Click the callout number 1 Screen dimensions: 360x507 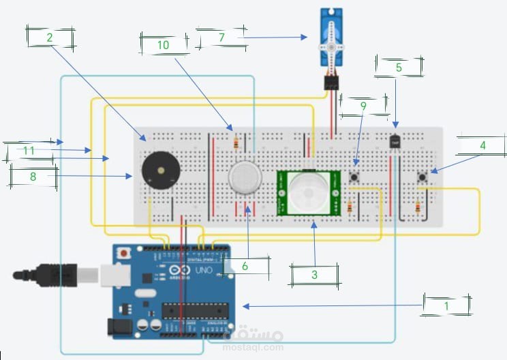pos(446,306)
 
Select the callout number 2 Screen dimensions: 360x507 pos(50,38)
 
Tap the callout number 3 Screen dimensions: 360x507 pos(314,275)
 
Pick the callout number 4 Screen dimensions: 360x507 pos(482,145)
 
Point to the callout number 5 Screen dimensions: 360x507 pos(399,67)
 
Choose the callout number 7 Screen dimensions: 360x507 pos(221,37)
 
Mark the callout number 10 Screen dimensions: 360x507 pos(163,44)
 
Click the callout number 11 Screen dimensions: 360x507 pos(29,149)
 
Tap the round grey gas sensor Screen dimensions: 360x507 pos(245,177)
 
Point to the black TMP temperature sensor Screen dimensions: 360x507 pos(395,141)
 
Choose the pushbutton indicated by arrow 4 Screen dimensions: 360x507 pos(422,178)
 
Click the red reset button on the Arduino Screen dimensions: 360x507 pos(123,254)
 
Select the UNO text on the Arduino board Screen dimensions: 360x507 pos(204,270)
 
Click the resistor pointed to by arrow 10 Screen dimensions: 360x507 pos(236,142)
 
